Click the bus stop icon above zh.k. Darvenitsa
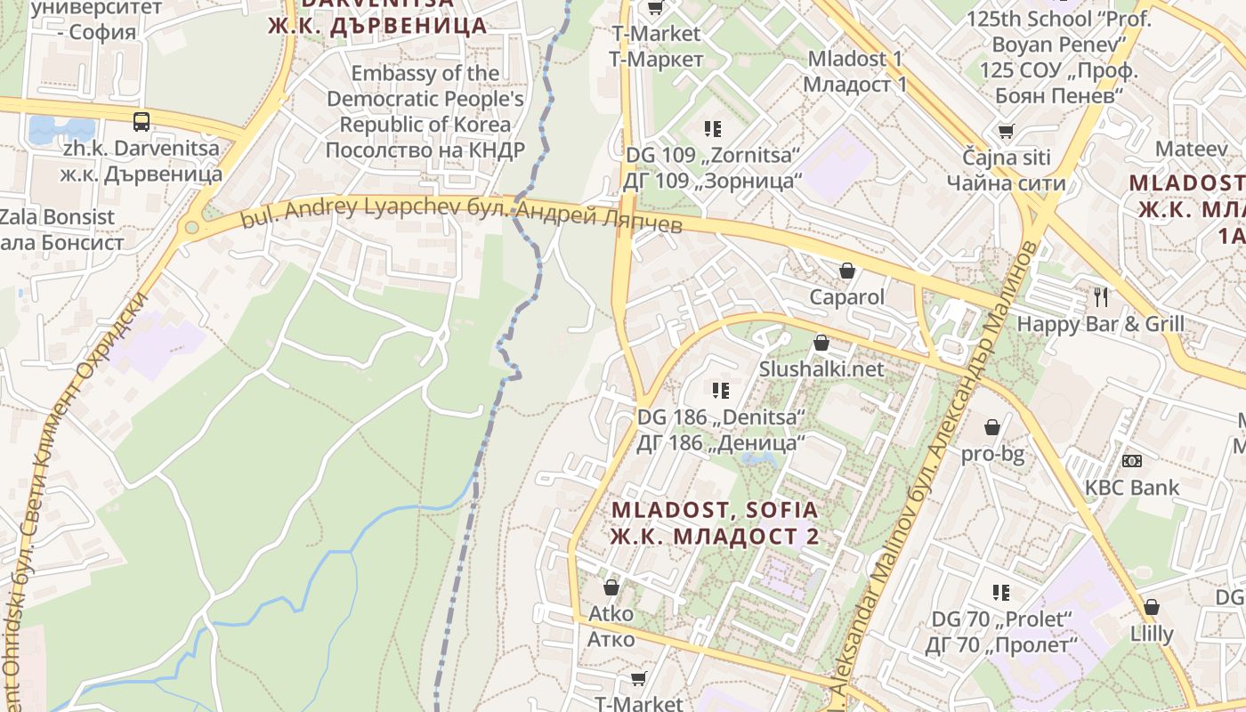(142, 121)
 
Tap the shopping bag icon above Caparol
(847, 270)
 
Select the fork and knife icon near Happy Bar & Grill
(1101, 296)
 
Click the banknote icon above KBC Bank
(1132, 461)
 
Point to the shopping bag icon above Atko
(611, 587)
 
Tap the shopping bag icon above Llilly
(1152, 607)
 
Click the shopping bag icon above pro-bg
(992, 428)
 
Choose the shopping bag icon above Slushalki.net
(821, 342)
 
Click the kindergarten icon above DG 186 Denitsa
(720, 390)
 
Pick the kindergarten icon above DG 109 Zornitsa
(712, 129)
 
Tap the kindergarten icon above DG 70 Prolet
(1001, 592)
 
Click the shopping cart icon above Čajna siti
(1006, 132)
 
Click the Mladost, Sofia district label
(715, 522)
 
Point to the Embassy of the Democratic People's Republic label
(425, 111)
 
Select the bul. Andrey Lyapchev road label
(462, 213)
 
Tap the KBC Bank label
(1131, 488)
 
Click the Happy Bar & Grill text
(1100, 323)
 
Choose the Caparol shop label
(847, 296)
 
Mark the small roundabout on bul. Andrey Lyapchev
(190, 228)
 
